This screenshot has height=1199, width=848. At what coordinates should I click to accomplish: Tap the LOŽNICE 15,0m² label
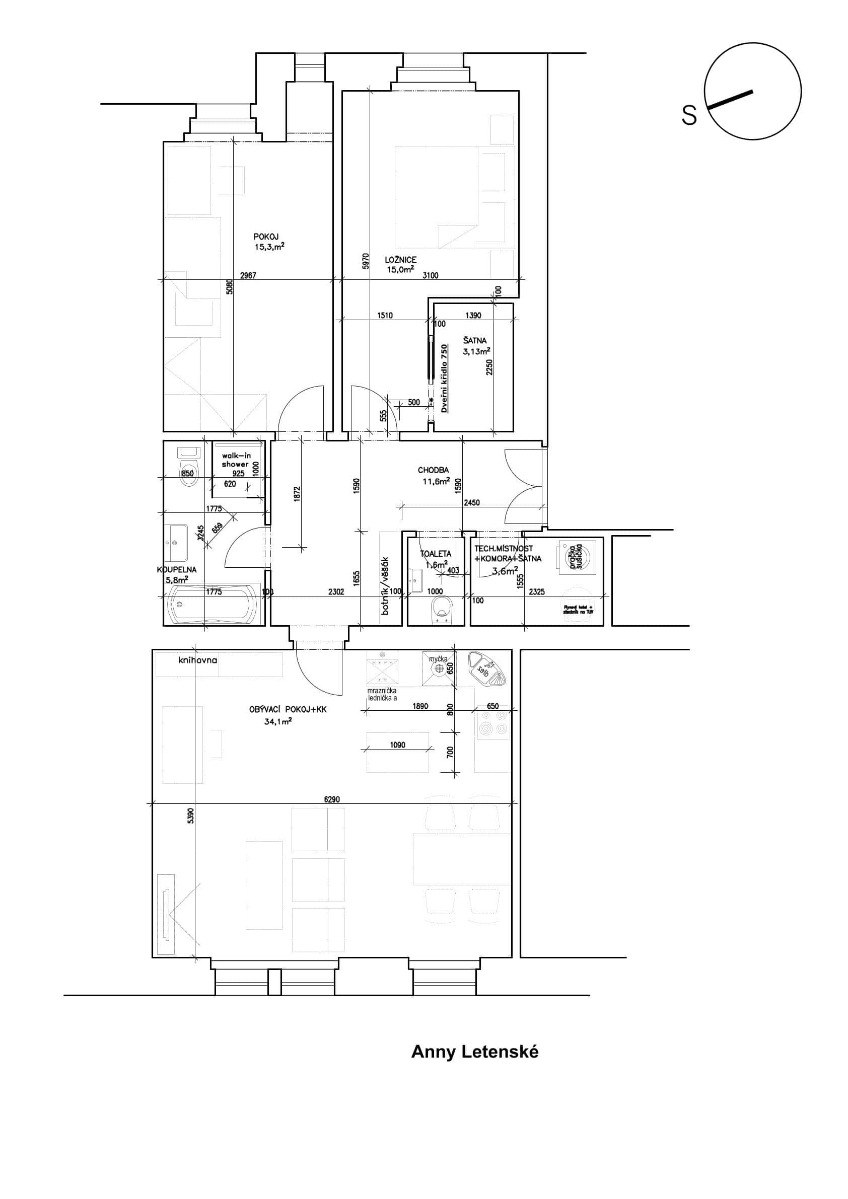(x=400, y=265)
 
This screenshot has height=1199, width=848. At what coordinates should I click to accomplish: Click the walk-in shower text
(x=236, y=460)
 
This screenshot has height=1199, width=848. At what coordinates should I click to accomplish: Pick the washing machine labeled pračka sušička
(x=576, y=556)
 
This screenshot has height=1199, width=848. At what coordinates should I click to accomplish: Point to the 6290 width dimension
(x=332, y=799)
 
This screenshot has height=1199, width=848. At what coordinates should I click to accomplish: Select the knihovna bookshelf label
(x=197, y=660)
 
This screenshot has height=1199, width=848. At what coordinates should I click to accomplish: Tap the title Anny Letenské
(x=474, y=1052)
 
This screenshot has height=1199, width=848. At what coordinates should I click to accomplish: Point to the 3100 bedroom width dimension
(x=430, y=276)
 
